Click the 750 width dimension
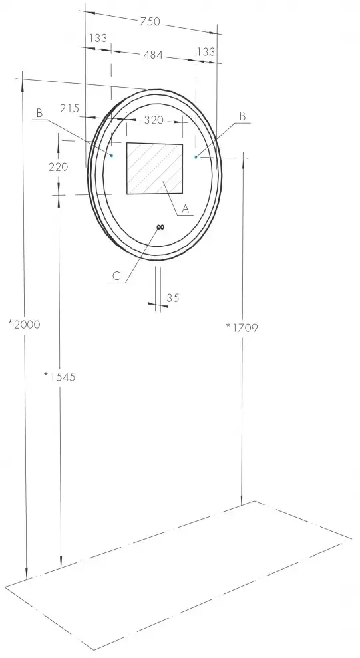(x=151, y=21)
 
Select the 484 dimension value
(x=153, y=55)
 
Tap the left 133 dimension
(x=98, y=38)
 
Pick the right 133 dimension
(x=206, y=52)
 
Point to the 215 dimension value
(x=69, y=108)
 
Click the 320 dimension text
(x=154, y=120)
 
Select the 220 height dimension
(x=58, y=167)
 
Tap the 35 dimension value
(x=173, y=298)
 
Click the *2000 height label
(x=24, y=325)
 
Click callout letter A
(x=186, y=208)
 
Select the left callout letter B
(x=39, y=114)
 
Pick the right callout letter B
(x=242, y=116)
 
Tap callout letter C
(x=116, y=277)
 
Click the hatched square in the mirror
(x=154, y=169)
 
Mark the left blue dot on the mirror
(x=112, y=155)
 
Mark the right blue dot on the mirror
(x=196, y=157)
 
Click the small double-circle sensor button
(x=160, y=227)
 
